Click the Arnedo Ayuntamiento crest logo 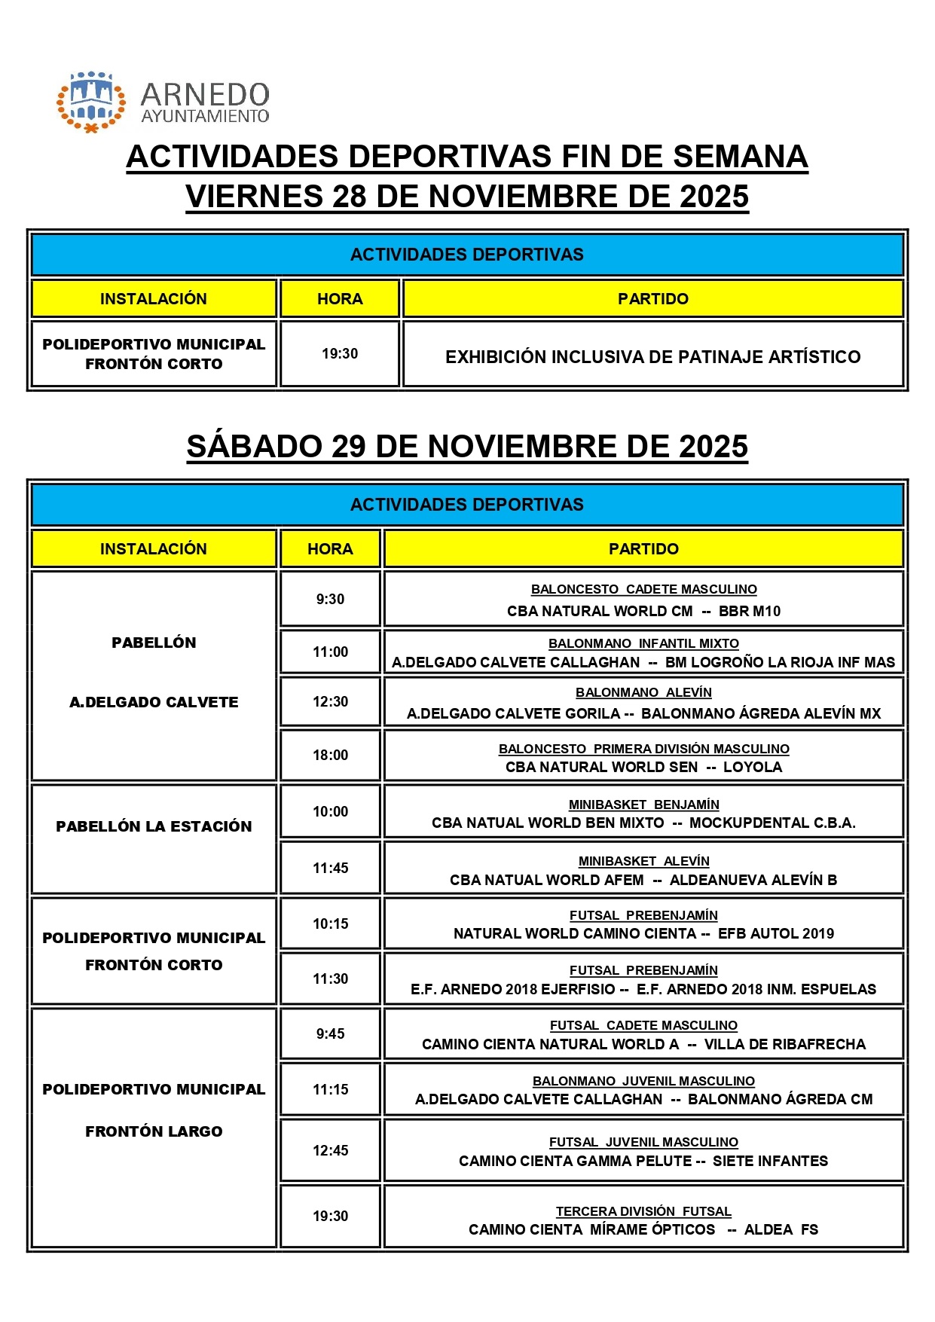point(90,102)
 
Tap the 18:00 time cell point(330,755)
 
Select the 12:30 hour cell point(330,701)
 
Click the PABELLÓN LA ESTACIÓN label point(154,826)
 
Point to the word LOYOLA point(753,767)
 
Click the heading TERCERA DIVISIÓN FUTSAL point(643,1211)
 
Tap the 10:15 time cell point(330,924)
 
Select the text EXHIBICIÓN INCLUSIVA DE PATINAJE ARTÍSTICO point(652,356)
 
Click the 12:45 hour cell point(330,1150)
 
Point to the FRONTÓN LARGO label point(154,1131)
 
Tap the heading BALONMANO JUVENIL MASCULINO point(643,1081)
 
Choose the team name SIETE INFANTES point(770,1161)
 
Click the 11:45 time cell point(330,868)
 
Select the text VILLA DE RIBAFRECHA point(784,1044)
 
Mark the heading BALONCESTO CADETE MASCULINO point(643,589)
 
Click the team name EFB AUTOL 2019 point(775,933)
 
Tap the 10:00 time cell point(330,811)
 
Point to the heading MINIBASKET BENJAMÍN point(643,804)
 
